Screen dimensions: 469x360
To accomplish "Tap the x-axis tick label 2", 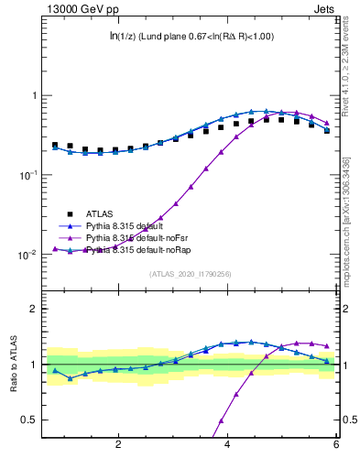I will [118, 444].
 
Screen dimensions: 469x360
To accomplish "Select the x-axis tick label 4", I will [228, 444].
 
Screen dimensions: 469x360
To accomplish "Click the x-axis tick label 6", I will [337, 444].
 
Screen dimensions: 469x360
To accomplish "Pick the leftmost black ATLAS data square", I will [55, 145].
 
